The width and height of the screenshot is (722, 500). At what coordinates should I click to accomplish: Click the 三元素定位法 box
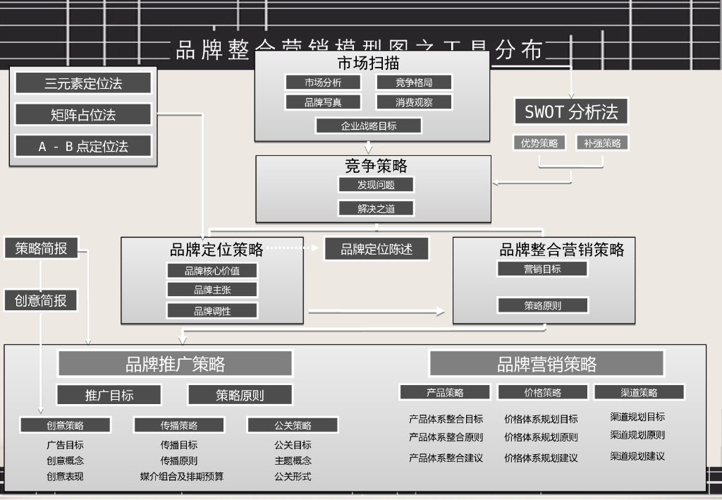pos(83,83)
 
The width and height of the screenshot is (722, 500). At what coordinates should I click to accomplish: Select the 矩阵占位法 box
pos(83,114)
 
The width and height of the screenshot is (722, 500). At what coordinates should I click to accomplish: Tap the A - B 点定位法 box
pos(83,146)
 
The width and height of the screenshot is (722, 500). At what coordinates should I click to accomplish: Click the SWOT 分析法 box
pos(571,111)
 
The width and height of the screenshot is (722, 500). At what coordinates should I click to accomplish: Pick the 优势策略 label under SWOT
pos(539,142)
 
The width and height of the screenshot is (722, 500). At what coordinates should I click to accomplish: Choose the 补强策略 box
pos(602,142)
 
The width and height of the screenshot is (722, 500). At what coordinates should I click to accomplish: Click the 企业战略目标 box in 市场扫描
pos(369,126)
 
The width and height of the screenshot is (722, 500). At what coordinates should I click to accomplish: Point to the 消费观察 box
pos(414,102)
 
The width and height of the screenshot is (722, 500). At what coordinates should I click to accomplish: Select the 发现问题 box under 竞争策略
pos(376,185)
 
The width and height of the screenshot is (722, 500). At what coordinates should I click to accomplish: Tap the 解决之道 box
pos(376,208)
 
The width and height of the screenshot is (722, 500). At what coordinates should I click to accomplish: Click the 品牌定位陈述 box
pos(377,249)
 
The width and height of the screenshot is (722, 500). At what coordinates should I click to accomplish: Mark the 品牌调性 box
pos(212,310)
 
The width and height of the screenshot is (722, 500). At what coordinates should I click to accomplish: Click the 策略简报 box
pos(41,248)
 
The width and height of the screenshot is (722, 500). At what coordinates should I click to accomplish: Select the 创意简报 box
pos(41,300)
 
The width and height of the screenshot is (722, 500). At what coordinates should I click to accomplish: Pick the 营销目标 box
pos(542,269)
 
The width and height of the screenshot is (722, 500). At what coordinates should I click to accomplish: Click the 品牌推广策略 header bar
pos(175,364)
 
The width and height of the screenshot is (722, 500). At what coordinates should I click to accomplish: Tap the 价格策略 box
pos(543,392)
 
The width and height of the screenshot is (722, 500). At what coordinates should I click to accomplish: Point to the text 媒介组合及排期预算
pos(182,477)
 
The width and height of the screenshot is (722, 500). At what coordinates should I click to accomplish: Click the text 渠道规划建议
pos(637,456)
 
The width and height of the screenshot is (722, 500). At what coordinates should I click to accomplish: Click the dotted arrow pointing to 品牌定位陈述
pos(293,248)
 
